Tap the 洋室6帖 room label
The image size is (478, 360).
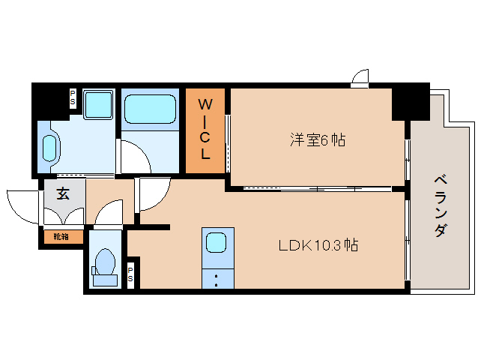[318, 139]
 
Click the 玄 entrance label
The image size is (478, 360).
[63, 193]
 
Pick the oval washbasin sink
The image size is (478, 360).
[51, 148]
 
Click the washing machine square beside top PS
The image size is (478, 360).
[97, 105]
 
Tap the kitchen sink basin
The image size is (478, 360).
[216, 243]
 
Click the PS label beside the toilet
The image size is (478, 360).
[131, 274]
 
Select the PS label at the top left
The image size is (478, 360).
[73, 97]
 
